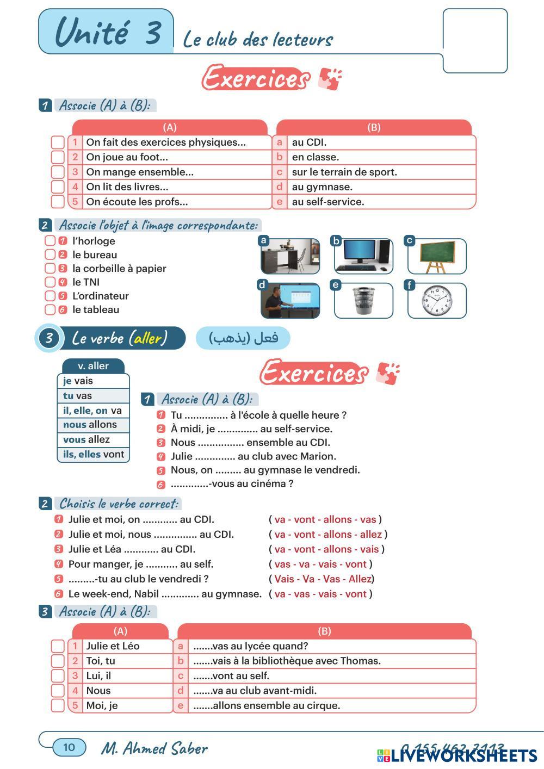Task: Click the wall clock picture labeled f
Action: click(x=437, y=301)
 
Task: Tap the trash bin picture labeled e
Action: click(x=363, y=301)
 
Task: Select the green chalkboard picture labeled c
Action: click(x=437, y=256)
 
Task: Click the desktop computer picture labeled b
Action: click(x=363, y=256)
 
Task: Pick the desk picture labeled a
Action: click(x=290, y=256)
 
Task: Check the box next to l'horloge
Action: click(x=50, y=241)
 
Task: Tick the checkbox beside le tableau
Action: click(x=50, y=309)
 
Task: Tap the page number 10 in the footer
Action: click(x=69, y=747)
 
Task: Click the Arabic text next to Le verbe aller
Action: click(x=243, y=338)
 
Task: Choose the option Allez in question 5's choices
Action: click(x=360, y=579)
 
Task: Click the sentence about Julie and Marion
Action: click(x=253, y=456)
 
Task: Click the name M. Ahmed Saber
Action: click(x=154, y=748)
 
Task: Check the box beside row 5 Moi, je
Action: click(x=58, y=705)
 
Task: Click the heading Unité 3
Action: click(x=108, y=32)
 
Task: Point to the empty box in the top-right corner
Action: click(x=475, y=41)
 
